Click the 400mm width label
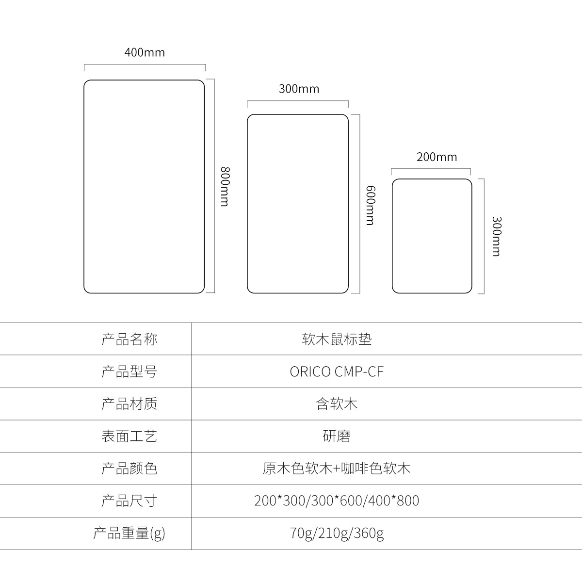pos(145,52)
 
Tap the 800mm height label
pos(225,186)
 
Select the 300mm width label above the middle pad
pos(299,89)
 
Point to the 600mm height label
pos(370,205)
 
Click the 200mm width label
pos(436,157)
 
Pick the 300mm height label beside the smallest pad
pos(497,237)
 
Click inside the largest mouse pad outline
pos(144,186)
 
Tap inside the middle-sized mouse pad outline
pos(298,204)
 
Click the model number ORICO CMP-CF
pos(337,372)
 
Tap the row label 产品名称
pos(129,339)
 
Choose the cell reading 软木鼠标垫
pos(337,339)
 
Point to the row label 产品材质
pos(129,404)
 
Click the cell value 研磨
pos(337,436)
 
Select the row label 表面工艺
pos(129,436)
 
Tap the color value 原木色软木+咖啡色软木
pos(337,469)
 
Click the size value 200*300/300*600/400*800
pos(337,501)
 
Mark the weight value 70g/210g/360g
pos(337,533)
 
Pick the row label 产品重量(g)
pos(129,533)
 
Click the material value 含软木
pos(337,404)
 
